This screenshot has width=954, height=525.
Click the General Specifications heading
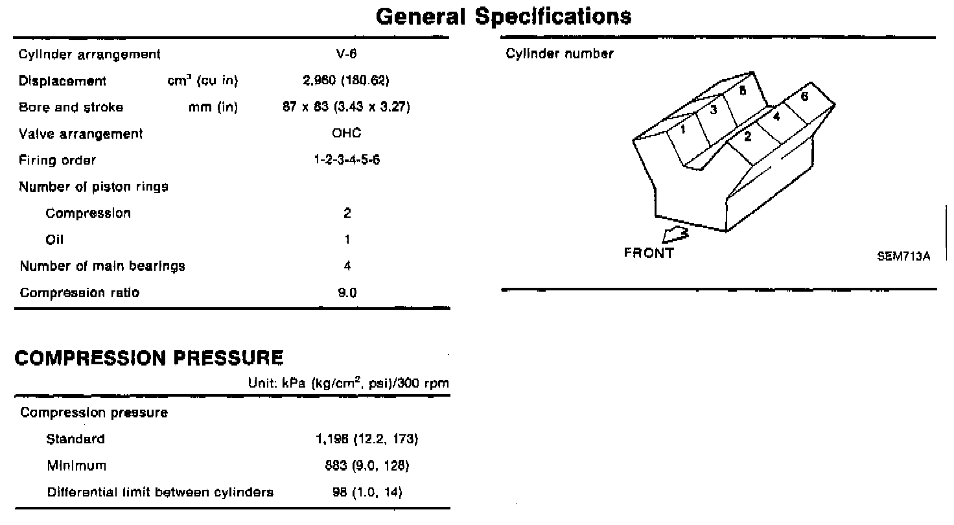503,16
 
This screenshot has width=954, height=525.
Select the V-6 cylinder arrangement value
347,54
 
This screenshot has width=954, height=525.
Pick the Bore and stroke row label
71,108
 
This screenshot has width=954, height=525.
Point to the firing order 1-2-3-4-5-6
347,160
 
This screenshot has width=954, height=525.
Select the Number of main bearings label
102,266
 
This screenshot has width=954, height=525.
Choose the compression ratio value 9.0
347,292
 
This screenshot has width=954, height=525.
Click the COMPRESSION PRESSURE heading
149,358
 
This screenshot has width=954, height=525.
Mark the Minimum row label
76,465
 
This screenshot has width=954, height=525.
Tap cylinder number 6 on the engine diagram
804,97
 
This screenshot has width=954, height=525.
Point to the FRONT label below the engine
648,253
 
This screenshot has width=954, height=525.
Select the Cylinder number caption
559,54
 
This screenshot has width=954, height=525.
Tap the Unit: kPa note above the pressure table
349,383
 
